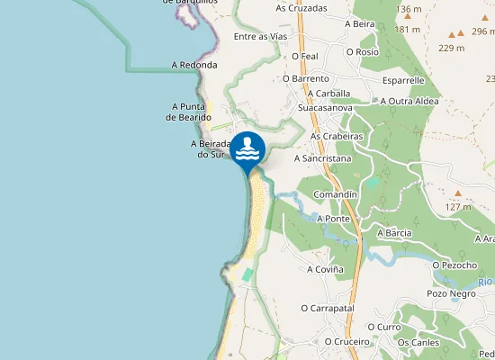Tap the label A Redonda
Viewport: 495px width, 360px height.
point(194,65)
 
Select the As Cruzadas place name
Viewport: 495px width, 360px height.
point(301,8)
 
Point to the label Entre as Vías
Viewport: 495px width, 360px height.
point(259,36)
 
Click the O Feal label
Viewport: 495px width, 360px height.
point(306,56)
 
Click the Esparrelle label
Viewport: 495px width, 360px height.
point(402,80)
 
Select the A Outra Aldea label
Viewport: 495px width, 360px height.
point(409,101)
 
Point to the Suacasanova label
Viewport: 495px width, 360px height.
point(325,107)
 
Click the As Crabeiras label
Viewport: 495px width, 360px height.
point(336,136)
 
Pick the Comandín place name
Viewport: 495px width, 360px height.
point(336,194)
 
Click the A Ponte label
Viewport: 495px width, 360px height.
point(333,219)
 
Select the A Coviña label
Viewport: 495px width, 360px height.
point(325,269)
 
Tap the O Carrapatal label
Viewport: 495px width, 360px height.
point(328,308)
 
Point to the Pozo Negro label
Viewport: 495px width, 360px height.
point(451,293)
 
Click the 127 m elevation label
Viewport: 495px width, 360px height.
point(457,206)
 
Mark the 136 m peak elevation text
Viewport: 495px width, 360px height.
point(408,8)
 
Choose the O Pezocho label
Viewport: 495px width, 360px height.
point(454,265)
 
